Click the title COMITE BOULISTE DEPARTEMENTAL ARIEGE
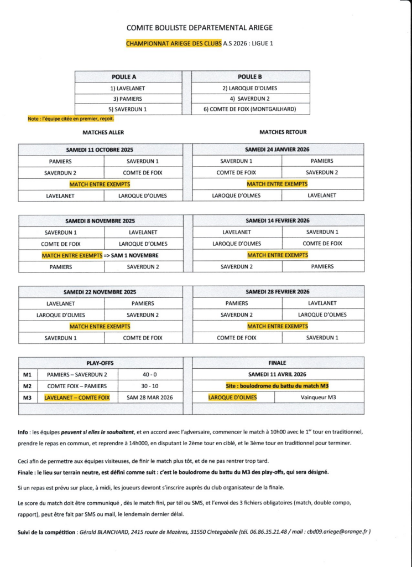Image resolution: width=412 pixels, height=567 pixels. pos(199,27)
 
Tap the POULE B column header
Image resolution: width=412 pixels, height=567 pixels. pos(249,77)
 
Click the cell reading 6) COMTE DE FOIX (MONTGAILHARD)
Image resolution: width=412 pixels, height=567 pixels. pos(249,109)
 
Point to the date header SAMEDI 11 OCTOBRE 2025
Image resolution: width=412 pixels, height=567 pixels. pos(100,150)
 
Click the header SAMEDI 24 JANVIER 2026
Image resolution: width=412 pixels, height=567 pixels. pos(278,150)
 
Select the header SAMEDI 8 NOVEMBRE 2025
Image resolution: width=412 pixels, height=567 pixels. pos(100,220)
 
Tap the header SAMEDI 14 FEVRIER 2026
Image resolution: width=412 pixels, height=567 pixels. pos(278,220)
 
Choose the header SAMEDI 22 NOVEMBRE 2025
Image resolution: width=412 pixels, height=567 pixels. pos(100,292)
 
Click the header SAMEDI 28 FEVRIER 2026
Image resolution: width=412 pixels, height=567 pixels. pos(278,292)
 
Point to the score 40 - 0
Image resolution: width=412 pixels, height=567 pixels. pos(149,375)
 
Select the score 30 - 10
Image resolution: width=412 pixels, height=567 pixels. pos(149,386)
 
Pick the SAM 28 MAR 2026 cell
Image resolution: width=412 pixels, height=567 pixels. pos(149,398)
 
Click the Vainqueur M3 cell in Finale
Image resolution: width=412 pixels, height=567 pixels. pos(322,398)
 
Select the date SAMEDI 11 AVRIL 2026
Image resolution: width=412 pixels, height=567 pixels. pos(278,374)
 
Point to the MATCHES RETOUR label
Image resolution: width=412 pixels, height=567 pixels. pos(283,132)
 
